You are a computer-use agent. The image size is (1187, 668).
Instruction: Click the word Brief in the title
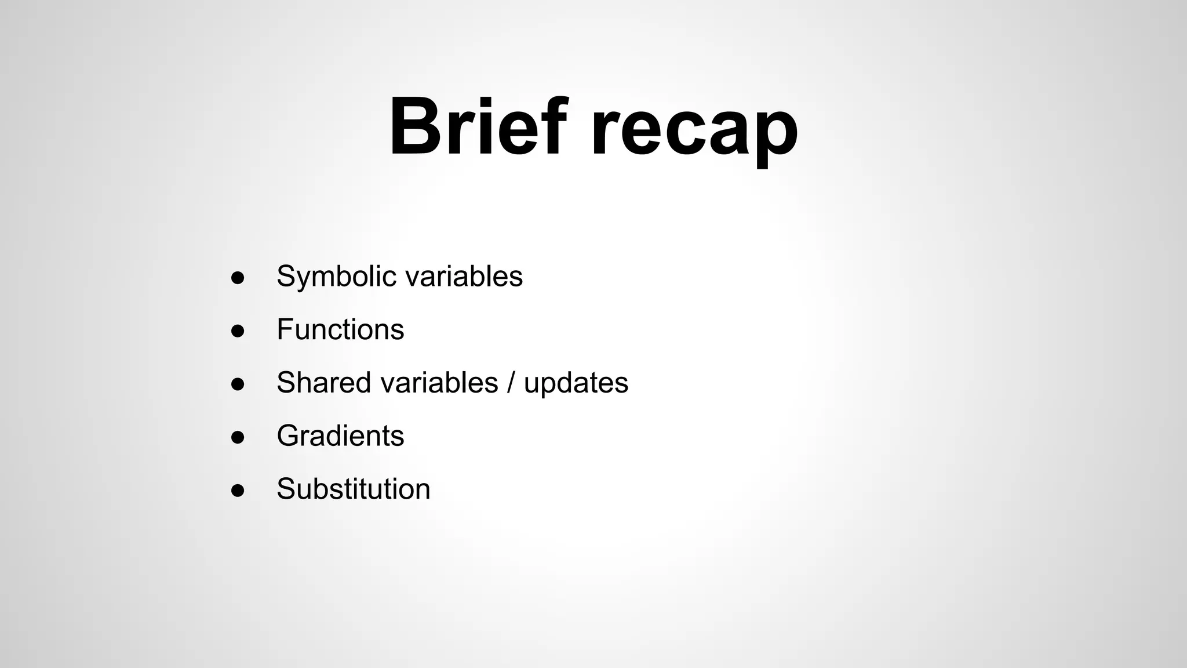click(475, 128)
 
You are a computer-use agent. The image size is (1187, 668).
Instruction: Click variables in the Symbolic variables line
click(464, 276)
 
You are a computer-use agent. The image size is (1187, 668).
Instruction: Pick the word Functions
click(340, 329)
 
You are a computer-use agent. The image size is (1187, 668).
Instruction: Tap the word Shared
click(323, 383)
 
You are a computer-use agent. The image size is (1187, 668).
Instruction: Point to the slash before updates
click(511, 383)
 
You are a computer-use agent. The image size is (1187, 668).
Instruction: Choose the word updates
click(576, 384)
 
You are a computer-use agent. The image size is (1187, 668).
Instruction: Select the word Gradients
click(340, 435)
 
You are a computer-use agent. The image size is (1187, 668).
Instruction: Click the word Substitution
click(353, 489)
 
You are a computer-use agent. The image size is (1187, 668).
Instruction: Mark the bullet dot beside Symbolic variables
click(238, 278)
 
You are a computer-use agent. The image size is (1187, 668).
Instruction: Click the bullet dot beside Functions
click(238, 331)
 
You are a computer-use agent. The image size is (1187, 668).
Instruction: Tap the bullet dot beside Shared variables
click(238, 384)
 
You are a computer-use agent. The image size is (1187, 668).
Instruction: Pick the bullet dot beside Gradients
click(238, 437)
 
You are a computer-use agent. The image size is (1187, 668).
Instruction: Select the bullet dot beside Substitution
click(238, 491)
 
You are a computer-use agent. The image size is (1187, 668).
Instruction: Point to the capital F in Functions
click(284, 329)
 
